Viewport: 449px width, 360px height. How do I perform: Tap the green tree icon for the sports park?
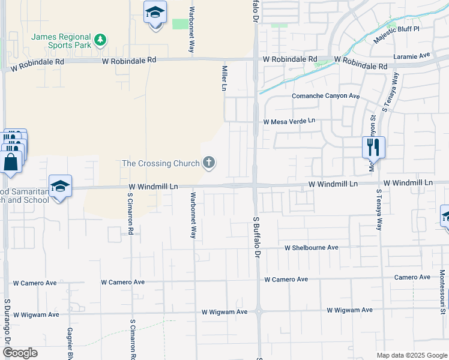pos(101,40)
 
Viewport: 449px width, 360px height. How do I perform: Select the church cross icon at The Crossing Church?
pos(209,163)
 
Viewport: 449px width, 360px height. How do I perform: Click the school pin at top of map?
pos(155,13)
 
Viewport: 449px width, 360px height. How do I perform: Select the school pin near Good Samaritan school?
pos(61,187)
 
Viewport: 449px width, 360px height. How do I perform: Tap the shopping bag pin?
pos(11,162)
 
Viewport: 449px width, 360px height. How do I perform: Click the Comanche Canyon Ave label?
pos(325,96)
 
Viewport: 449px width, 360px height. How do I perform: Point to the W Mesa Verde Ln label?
pos(289,121)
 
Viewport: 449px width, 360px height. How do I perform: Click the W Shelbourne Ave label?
pos(312,247)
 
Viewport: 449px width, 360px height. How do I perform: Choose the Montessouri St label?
pos(442,290)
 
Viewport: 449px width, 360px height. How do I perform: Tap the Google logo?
pos(20,353)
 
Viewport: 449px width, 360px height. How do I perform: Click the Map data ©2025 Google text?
pos(411,355)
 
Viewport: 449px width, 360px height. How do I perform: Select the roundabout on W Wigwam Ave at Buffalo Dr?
pos(259,311)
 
